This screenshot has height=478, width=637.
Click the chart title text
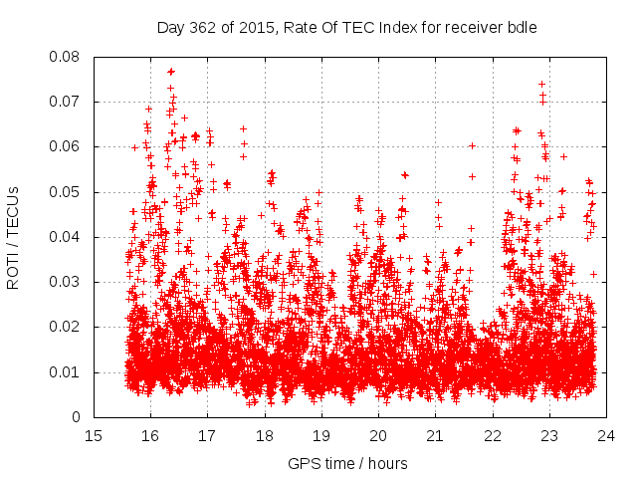[347, 27]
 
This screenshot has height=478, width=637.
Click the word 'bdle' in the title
[523, 27]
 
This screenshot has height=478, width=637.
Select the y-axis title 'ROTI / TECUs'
[14, 236]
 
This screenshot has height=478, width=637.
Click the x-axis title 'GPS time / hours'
[347, 463]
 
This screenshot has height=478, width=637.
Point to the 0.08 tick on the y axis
[67, 57]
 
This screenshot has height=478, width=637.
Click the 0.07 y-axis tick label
[67, 102]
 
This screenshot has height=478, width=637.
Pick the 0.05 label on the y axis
[67, 192]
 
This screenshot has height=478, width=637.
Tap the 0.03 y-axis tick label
[67, 282]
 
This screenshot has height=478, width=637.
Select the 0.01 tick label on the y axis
[67, 372]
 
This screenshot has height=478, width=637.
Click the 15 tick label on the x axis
[94, 436]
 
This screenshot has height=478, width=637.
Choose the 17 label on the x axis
[207, 436]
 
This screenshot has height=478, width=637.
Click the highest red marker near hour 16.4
[171, 72]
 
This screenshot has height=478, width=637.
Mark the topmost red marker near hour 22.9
[541, 85]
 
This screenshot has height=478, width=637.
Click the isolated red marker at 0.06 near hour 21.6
[472, 145]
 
